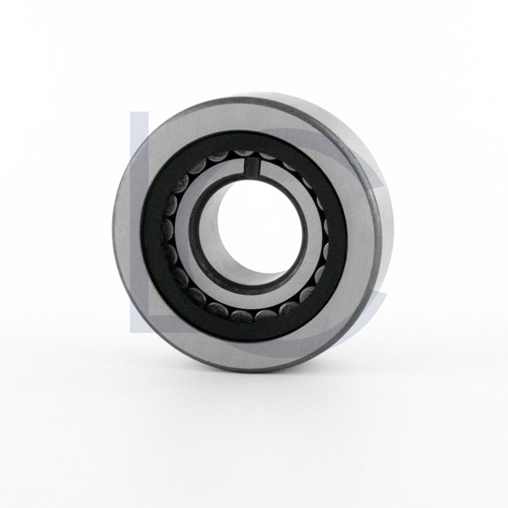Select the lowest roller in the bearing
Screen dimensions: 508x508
click(243, 316)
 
